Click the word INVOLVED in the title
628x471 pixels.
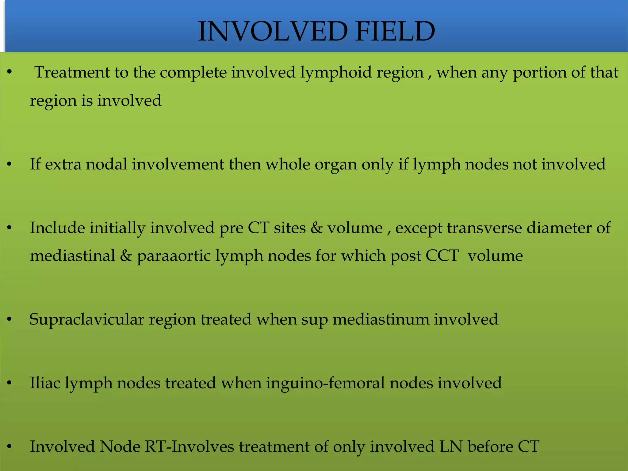pyautogui.click(x=273, y=31)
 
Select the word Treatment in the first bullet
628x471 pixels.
pyautogui.click(x=72, y=73)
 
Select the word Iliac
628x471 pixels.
pyautogui.click(x=45, y=383)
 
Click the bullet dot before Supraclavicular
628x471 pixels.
pyautogui.click(x=10, y=320)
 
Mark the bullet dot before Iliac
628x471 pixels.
pyautogui.click(x=10, y=383)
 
